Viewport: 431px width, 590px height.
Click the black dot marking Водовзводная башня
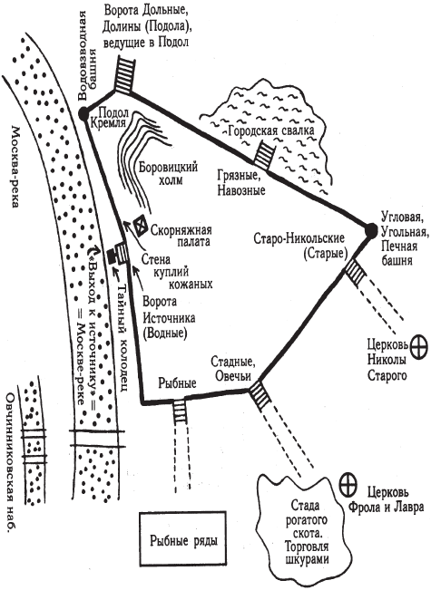[x=83, y=112]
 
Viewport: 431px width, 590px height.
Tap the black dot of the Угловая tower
[x=371, y=230]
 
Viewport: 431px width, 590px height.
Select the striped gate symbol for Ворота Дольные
[x=123, y=75]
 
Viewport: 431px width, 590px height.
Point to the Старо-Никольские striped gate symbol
[x=355, y=273]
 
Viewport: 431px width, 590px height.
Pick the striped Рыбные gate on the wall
[x=180, y=411]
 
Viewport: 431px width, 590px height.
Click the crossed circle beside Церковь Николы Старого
[x=418, y=348]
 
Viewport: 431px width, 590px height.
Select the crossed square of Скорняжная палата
[x=140, y=226]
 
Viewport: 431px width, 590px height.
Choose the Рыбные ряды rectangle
[x=183, y=538]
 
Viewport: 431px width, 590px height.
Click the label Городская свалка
[x=271, y=131]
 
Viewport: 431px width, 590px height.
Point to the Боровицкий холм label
[x=168, y=173]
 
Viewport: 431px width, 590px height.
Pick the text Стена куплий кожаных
[x=177, y=271]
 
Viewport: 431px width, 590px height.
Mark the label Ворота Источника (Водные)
[x=168, y=318]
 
